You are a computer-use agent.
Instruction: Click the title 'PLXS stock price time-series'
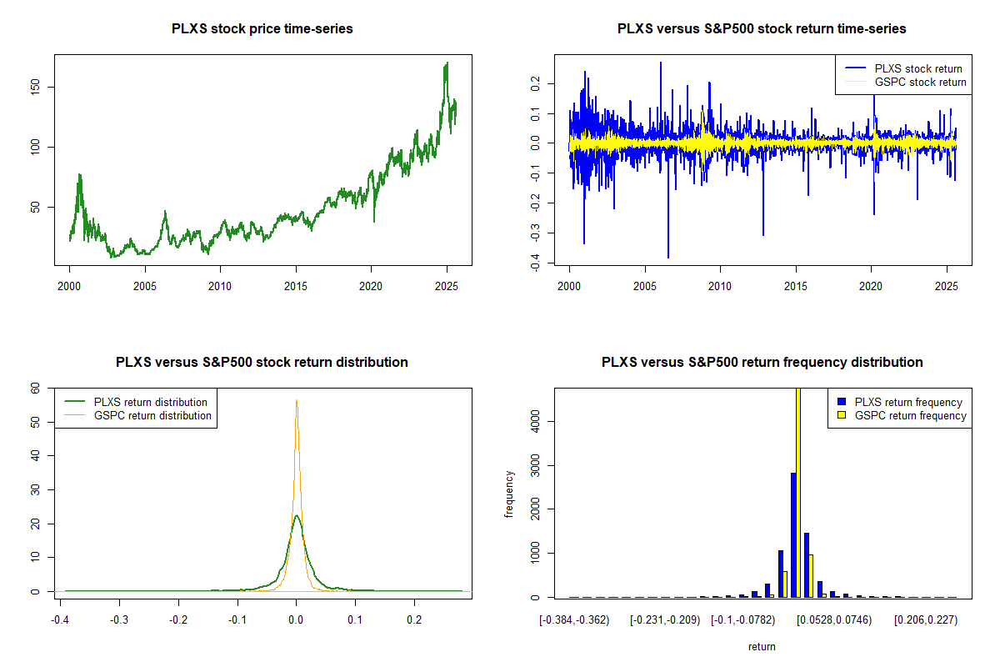pyautogui.click(x=262, y=29)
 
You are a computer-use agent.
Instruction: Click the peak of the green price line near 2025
pyautogui.click(x=447, y=63)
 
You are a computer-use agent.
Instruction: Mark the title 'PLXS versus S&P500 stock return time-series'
pyautogui.click(x=762, y=29)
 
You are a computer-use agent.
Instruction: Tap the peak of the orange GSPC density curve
pyautogui.click(x=296, y=400)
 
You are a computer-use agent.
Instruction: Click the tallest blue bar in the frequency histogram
pyautogui.click(x=793, y=534)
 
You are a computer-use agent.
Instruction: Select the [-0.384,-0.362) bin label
pyautogui.click(x=575, y=621)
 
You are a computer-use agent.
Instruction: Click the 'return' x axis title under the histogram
pyautogui.click(x=762, y=646)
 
